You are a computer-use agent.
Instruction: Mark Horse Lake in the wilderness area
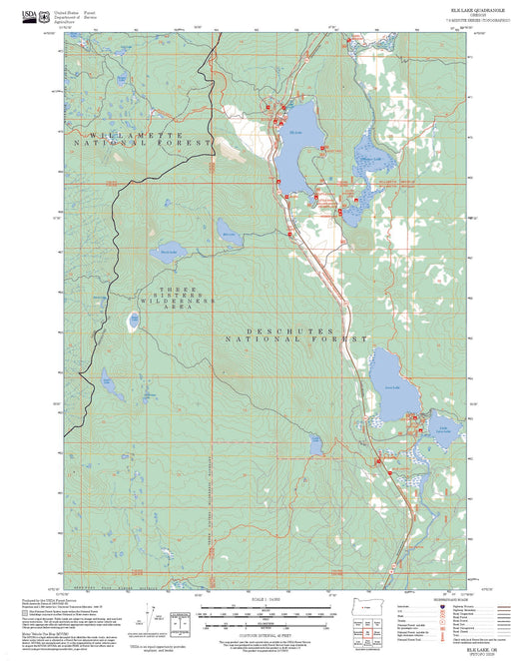[167, 250]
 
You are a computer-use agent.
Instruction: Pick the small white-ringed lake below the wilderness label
[133, 323]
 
